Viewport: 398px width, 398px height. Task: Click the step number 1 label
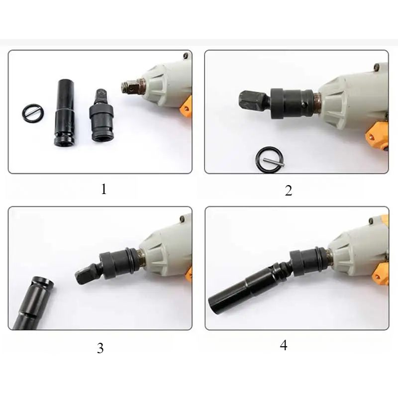pyautogui.click(x=103, y=190)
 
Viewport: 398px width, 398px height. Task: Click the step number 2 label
pyautogui.click(x=289, y=191)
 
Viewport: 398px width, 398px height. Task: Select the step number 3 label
pyautogui.click(x=100, y=348)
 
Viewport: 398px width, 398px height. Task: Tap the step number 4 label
pyautogui.click(x=284, y=345)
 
